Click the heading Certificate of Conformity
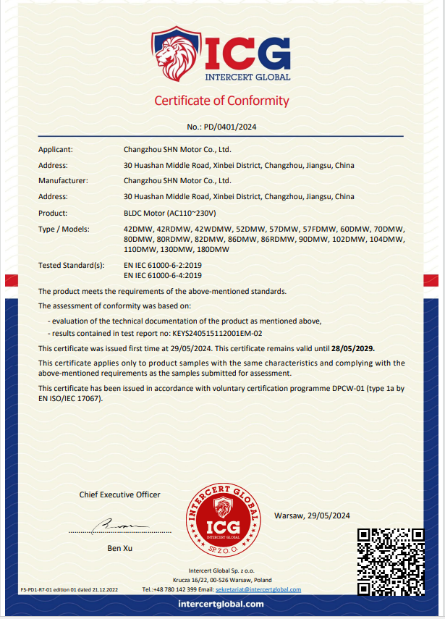point(221,101)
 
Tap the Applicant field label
point(56,150)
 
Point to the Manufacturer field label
point(63,181)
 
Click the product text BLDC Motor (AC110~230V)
point(171,213)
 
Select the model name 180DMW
point(213,249)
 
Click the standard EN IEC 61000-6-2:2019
point(163,266)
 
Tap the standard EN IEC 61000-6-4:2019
point(163,275)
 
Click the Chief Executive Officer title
point(119,494)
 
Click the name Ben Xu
point(119,548)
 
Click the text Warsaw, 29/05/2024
point(313,515)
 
